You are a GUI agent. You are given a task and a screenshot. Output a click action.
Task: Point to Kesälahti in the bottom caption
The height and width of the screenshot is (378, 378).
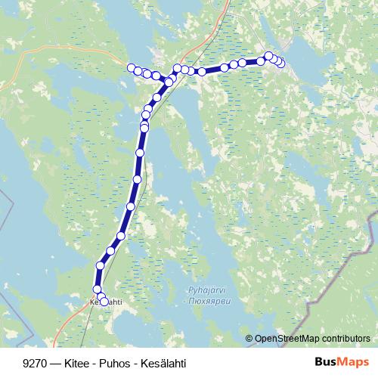click(x=162, y=363)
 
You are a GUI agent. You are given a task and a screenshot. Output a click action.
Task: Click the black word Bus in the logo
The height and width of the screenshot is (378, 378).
click(x=327, y=362)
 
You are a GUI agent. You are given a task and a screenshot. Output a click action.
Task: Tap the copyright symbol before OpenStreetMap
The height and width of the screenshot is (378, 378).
click(x=249, y=339)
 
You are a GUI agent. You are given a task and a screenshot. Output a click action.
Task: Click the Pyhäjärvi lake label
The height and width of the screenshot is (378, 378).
click(x=204, y=290)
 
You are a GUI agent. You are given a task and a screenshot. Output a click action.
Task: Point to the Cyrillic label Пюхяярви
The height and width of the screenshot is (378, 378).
click(x=206, y=299)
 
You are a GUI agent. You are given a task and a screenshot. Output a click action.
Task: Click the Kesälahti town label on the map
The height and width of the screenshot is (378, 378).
click(x=106, y=302)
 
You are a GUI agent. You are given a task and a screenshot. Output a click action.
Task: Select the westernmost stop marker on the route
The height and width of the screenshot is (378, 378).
click(x=132, y=68)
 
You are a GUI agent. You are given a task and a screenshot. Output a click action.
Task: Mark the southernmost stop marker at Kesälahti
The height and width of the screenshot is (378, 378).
click(x=104, y=302)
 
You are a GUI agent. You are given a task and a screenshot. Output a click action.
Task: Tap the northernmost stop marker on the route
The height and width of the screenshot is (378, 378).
click(x=268, y=56)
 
